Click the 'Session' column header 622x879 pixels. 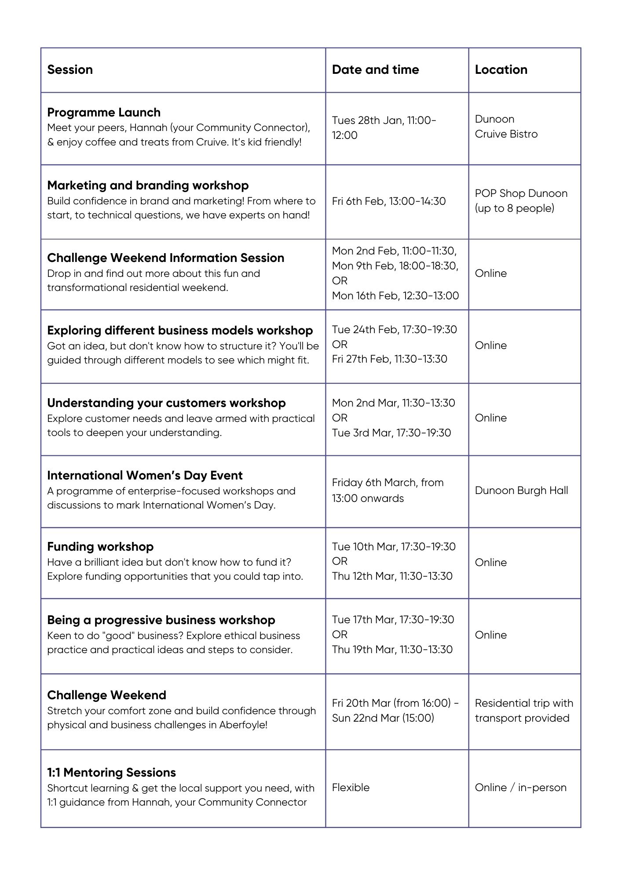point(70,69)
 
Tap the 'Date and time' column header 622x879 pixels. point(375,69)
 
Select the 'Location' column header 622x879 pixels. point(501,69)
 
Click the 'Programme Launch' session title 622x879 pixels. point(104,113)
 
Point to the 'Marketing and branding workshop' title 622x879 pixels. point(148,185)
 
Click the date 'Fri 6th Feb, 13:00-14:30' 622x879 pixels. point(389,201)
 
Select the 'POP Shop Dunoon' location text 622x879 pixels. point(521,193)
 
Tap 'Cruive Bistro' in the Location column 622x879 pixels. point(506,134)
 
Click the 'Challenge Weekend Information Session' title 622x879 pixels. point(165,258)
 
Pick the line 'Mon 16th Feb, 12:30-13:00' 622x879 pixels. point(395,296)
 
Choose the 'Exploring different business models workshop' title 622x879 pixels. point(180,331)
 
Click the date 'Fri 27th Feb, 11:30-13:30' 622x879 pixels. point(389,359)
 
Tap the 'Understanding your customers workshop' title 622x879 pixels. point(166,403)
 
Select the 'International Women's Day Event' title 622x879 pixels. point(145,476)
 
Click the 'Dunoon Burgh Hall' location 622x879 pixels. point(521,490)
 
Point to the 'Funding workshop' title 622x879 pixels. point(100,547)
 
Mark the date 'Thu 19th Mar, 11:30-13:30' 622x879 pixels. point(392,650)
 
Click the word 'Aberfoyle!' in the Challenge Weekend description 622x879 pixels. point(244,725)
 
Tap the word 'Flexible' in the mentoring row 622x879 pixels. point(351,788)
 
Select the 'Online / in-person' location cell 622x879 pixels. point(520,788)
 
